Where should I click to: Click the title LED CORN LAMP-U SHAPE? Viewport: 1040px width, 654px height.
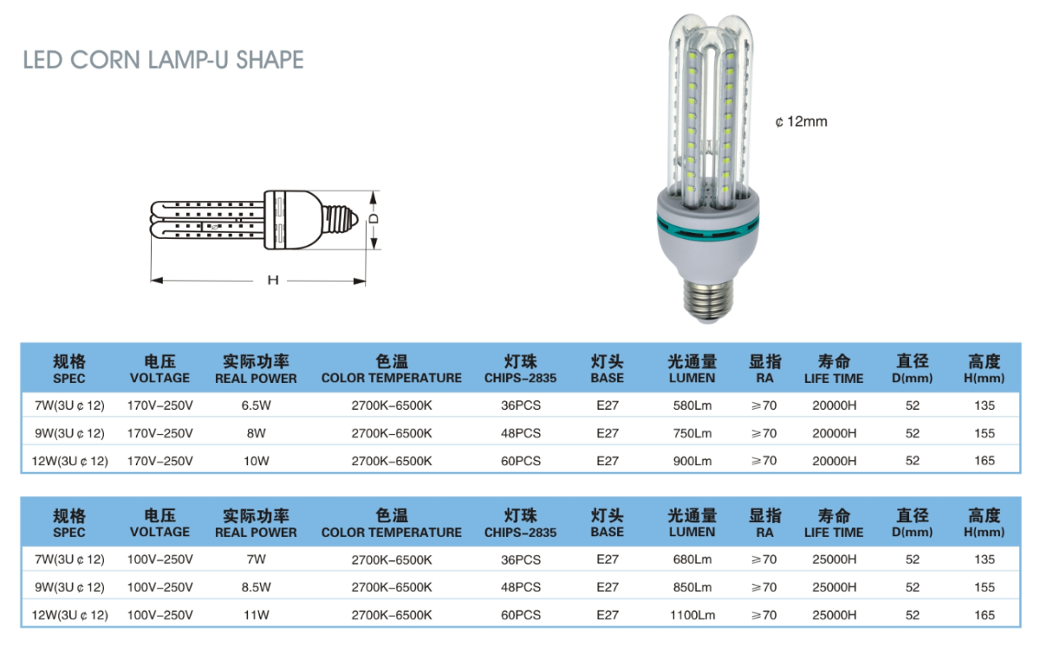(164, 60)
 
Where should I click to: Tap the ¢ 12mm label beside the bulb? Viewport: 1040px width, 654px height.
(801, 121)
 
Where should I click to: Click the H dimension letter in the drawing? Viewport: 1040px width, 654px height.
(272, 280)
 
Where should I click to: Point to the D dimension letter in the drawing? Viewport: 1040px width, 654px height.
(374, 218)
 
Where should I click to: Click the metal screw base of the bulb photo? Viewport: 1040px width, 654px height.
(708, 301)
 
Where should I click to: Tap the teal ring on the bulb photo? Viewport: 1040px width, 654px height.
(707, 228)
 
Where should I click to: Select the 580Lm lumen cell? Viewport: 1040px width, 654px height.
(692, 405)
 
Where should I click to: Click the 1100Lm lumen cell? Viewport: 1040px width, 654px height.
(692, 615)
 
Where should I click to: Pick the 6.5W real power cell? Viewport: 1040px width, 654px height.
(256, 405)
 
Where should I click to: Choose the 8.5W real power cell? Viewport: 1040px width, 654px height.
(256, 587)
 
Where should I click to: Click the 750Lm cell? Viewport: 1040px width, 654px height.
(692, 433)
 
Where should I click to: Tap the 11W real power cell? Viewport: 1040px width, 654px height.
(256, 615)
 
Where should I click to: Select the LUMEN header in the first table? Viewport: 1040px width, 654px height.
(692, 379)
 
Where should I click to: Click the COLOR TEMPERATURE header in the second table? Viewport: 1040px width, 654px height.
(392, 533)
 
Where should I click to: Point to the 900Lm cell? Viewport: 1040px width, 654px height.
(692, 461)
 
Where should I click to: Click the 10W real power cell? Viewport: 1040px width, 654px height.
(256, 461)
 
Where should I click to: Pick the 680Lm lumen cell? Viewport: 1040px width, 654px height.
(692, 560)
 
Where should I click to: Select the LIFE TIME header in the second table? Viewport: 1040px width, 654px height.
(834, 533)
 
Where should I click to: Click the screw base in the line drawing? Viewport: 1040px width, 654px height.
(341, 219)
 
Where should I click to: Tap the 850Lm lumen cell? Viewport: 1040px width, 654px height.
(692, 587)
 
